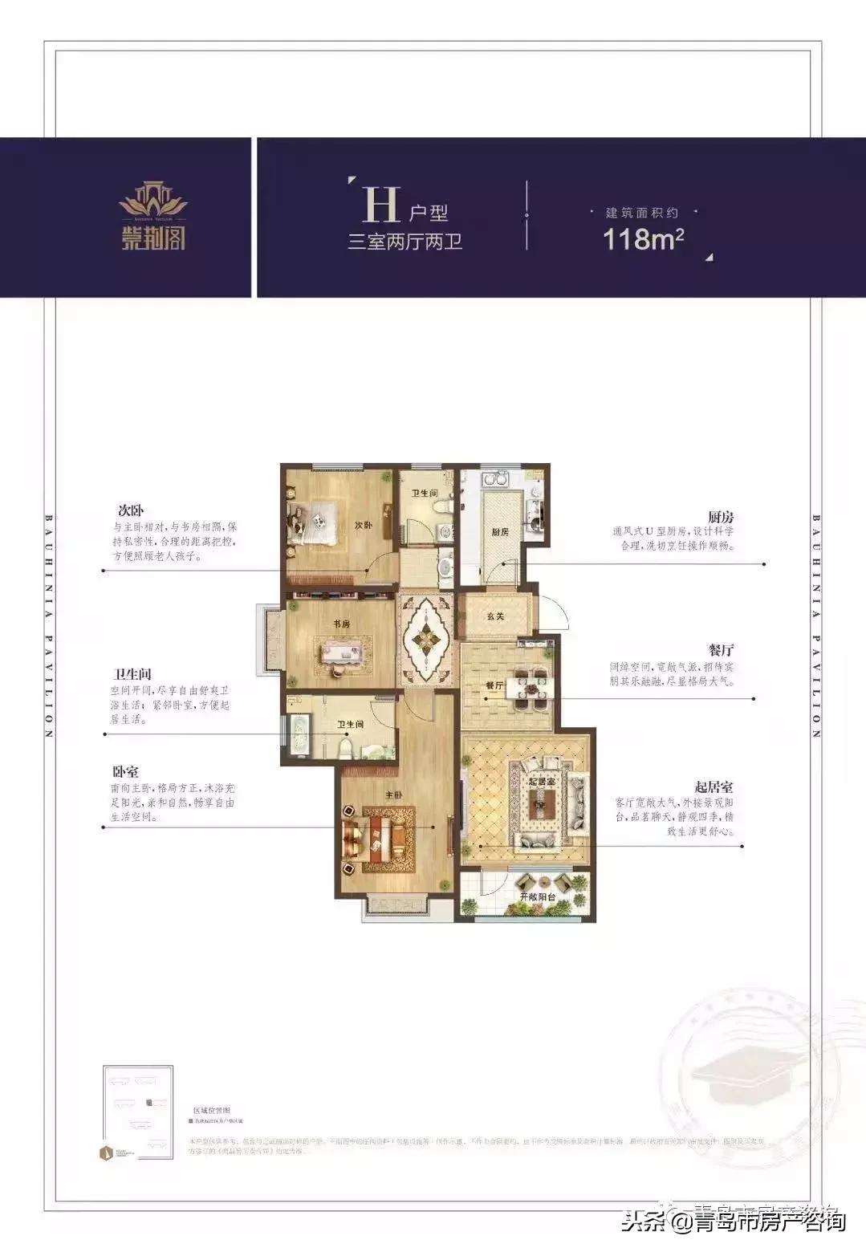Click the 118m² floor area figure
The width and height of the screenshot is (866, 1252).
(x=643, y=239)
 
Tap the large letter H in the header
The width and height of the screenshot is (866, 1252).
(x=380, y=205)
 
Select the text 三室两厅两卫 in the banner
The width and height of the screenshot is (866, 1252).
(x=405, y=241)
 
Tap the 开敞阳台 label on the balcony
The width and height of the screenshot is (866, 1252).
(x=538, y=896)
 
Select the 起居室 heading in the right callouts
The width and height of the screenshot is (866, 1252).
(x=714, y=787)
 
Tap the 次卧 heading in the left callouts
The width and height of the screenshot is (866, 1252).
(x=130, y=510)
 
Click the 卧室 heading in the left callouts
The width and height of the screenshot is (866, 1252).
(x=125, y=772)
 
